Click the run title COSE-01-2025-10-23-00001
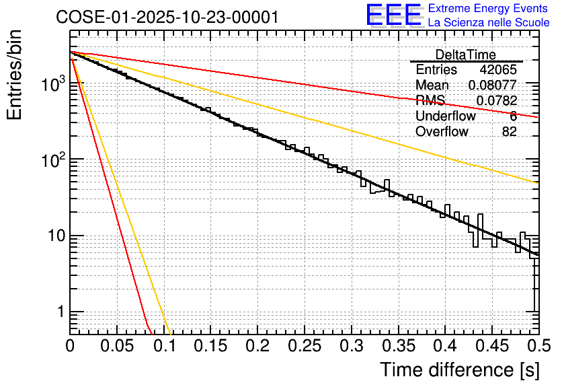167,17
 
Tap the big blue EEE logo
394,15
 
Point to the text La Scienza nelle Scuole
489,22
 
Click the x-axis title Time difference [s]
458,370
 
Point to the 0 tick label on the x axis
70,347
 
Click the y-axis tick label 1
58,312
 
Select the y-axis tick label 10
52,236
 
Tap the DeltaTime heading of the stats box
465,55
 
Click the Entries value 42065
498,70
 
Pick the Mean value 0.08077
492,85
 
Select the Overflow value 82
509,132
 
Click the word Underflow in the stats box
446,116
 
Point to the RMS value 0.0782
496,101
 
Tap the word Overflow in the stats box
442,132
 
